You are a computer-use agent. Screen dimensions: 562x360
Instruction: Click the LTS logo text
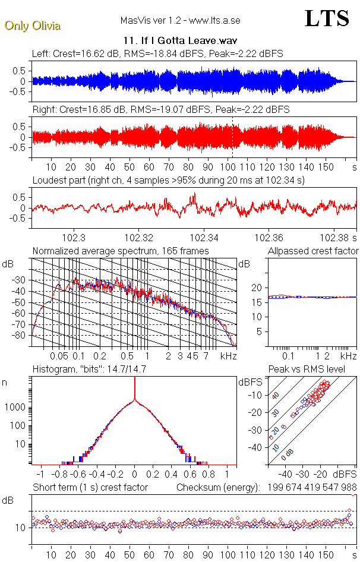click(x=327, y=19)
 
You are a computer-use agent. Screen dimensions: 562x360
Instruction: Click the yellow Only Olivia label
click(x=33, y=26)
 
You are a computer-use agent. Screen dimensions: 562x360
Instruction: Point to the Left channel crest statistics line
click(x=157, y=54)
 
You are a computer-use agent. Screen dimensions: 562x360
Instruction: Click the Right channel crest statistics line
click(x=161, y=110)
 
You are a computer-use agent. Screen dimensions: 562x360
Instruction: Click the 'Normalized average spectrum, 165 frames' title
click(x=121, y=251)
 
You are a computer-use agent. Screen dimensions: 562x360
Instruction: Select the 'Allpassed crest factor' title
click(x=313, y=251)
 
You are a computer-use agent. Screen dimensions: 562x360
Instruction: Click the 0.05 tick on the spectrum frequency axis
click(x=59, y=356)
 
